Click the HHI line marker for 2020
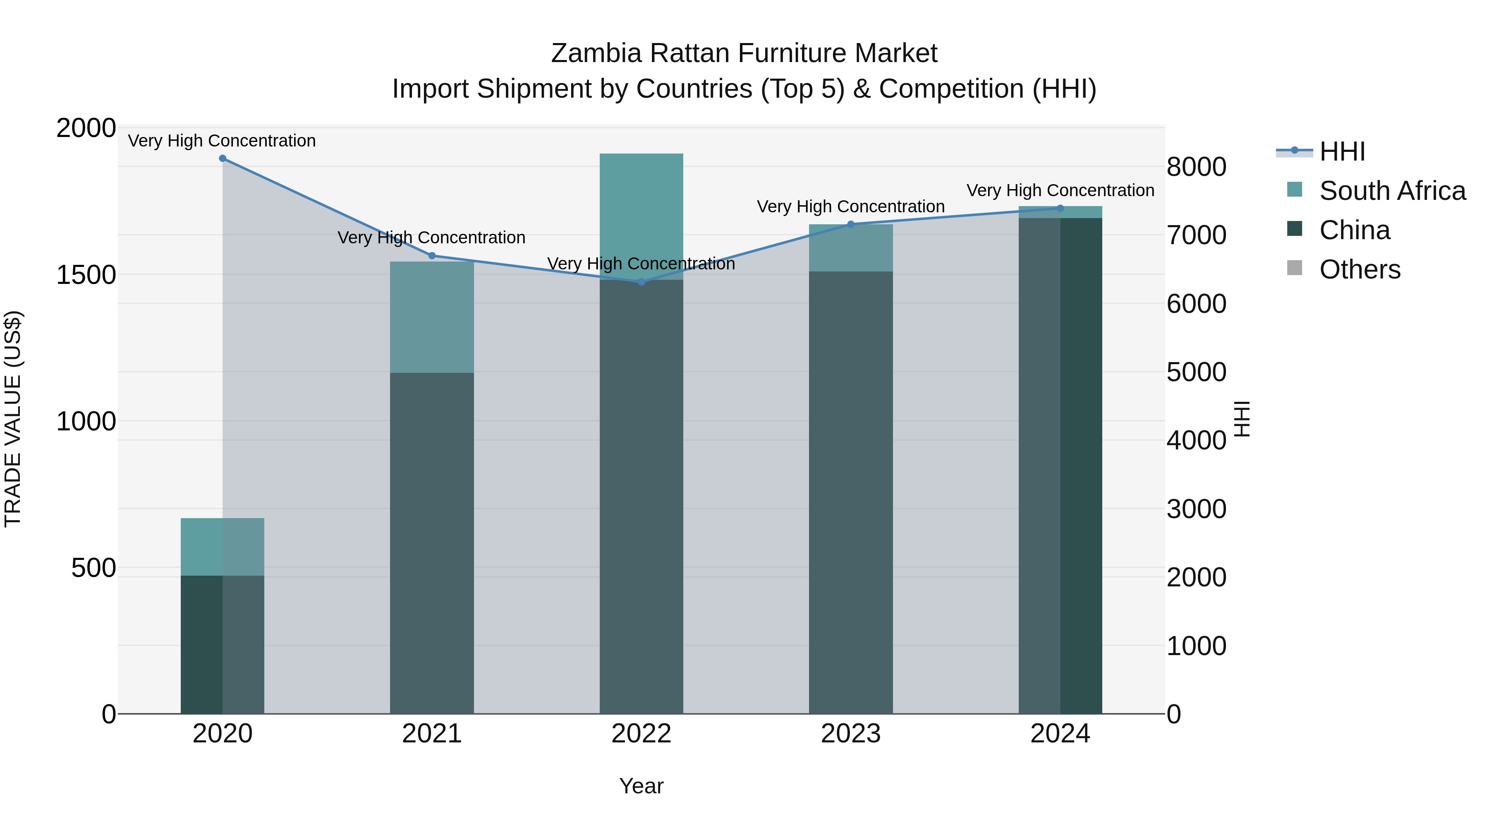pyautogui.click(x=223, y=158)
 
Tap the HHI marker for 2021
pyautogui.click(x=432, y=256)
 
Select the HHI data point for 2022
pyautogui.click(x=641, y=282)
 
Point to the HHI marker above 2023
pyautogui.click(x=851, y=224)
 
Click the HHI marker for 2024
pyautogui.click(x=1060, y=208)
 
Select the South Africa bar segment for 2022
pyautogui.click(x=641, y=217)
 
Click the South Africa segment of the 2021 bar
pyautogui.click(x=432, y=317)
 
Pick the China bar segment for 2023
pyautogui.click(x=851, y=492)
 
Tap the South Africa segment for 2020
pyautogui.click(x=223, y=547)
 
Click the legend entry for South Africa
pyautogui.click(x=1392, y=191)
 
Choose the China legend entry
pyautogui.click(x=1354, y=230)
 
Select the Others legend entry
pyautogui.click(x=1360, y=269)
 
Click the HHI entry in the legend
pyautogui.click(x=1342, y=151)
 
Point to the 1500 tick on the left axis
pyautogui.click(x=86, y=275)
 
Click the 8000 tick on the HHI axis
pyautogui.click(x=1196, y=167)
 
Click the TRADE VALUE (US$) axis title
pyautogui.click(x=13, y=419)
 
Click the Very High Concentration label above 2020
pyautogui.click(x=222, y=141)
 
